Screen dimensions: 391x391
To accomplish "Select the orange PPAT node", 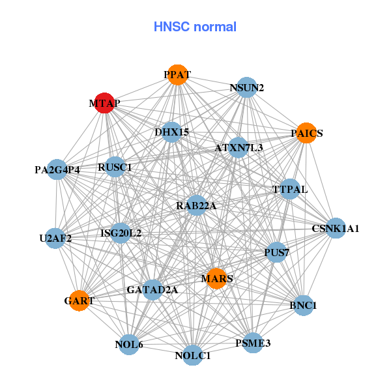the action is [x=177, y=74].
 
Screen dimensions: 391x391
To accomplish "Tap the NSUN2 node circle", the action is [x=246, y=87].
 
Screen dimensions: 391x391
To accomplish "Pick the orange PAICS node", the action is [x=306, y=133].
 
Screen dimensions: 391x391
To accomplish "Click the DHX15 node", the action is [x=171, y=132].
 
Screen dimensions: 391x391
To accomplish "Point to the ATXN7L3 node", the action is [x=239, y=148].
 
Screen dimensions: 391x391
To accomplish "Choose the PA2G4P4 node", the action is [x=57, y=169].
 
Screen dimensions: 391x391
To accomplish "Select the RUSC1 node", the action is [x=115, y=167].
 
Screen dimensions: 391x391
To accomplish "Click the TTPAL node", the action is [x=289, y=189].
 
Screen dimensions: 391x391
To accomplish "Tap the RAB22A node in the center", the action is [x=196, y=206].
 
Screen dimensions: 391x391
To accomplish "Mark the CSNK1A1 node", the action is [x=336, y=229].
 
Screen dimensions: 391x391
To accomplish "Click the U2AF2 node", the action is [x=55, y=238].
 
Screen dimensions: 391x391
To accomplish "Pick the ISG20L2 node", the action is [x=121, y=233].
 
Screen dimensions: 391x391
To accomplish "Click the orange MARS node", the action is [x=216, y=279].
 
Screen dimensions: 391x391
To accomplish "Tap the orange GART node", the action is [x=79, y=300].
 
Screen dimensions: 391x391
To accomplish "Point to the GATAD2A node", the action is [x=152, y=289].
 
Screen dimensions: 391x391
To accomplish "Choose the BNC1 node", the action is [x=303, y=305].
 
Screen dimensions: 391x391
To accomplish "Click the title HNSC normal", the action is [x=195, y=27].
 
